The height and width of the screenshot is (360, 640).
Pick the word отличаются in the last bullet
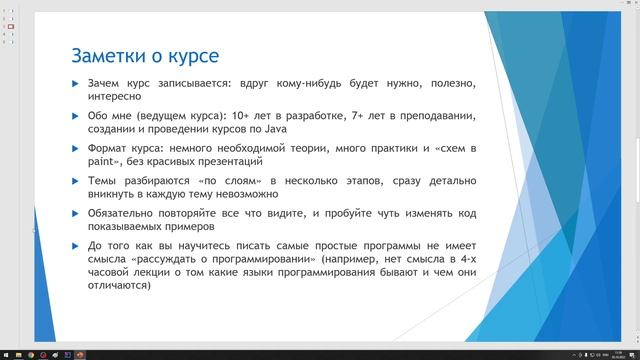point(118,285)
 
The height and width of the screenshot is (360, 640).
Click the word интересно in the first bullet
point(116,98)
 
